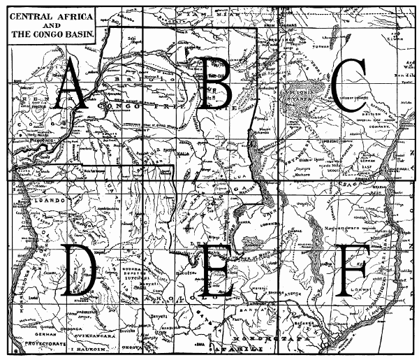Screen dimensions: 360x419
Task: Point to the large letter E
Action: (x=216, y=268)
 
